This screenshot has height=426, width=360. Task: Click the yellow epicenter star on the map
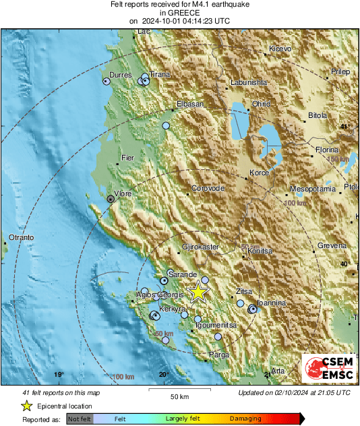198,292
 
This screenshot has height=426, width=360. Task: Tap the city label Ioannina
272,303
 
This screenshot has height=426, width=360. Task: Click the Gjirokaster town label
201,247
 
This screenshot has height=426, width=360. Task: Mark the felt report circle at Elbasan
166,125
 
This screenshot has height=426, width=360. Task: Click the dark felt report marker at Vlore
111,198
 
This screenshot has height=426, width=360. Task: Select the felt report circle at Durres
106,81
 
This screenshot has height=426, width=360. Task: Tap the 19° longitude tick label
59,375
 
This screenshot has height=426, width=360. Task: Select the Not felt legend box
80,419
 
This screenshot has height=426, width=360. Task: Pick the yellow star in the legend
26,406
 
